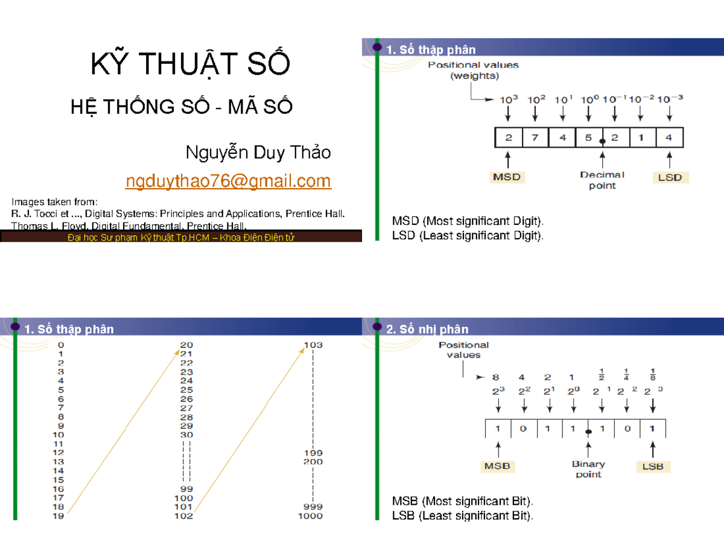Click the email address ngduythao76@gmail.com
pyautogui.click(x=228, y=181)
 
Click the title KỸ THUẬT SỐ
pyautogui.click(x=190, y=65)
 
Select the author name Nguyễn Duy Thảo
pyautogui.click(x=258, y=153)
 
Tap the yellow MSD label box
pyautogui.click(x=507, y=177)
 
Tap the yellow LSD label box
pyautogui.click(x=670, y=177)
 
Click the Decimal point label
pyautogui.click(x=602, y=180)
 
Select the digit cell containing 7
pyautogui.click(x=535, y=137)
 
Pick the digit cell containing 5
pyautogui.click(x=589, y=137)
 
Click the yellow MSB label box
pyautogui.click(x=497, y=466)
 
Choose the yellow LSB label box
pyautogui.click(x=653, y=466)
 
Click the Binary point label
pyautogui.click(x=588, y=469)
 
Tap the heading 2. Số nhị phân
pyautogui.click(x=427, y=329)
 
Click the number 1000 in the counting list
pyautogui.click(x=310, y=516)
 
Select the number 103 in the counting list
pyautogui.click(x=313, y=345)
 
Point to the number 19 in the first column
pyautogui.click(x=58, y=516)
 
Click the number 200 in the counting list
pyautogui.click(x=313, y=462)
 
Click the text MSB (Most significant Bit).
pyautogui.click(x=463, y=501)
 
